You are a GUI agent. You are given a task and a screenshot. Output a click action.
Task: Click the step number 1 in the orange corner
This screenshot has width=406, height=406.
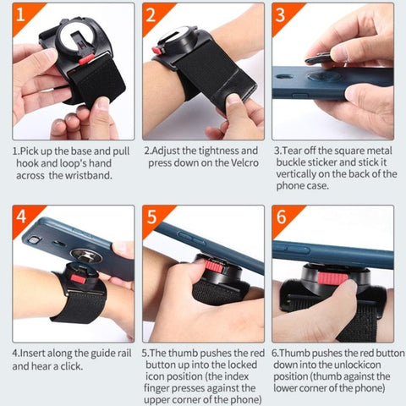pos(20,14)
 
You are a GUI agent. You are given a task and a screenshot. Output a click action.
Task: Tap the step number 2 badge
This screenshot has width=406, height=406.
pos(151,14)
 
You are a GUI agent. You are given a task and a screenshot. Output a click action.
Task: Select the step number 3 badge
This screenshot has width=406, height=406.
pos(280,14)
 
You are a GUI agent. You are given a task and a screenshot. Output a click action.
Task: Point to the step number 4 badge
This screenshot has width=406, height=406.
pos(21,217)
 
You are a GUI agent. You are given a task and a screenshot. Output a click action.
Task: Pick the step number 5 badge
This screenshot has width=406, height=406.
pos(151,217)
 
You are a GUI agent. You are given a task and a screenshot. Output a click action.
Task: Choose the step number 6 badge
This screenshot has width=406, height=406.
pos(281,217)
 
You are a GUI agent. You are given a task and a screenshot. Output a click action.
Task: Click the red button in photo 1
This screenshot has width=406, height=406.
pos(86,59)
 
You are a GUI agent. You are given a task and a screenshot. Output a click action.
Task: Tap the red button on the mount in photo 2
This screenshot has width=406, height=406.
pos(156,51)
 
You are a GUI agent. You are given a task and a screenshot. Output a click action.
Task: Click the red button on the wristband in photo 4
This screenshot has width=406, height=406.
pos(78,279)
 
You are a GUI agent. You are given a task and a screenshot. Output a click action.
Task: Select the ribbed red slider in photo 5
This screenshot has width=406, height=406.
pos(214,266)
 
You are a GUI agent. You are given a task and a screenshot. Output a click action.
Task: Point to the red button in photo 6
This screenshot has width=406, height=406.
pos(333,278)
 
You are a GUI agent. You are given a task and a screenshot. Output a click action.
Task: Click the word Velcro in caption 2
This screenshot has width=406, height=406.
pos(244,163)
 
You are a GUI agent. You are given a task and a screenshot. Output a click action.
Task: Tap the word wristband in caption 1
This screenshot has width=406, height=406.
pos(89,175)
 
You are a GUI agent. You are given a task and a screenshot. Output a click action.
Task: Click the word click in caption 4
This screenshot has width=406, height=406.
pos(72,366)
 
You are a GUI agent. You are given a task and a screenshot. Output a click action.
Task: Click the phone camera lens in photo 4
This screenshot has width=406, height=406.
pos(34,239)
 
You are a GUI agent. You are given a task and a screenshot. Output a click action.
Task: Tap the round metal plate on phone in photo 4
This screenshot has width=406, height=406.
pos(86,255)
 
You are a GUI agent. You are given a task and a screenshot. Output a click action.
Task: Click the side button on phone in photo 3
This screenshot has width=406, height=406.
pos(300,96)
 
